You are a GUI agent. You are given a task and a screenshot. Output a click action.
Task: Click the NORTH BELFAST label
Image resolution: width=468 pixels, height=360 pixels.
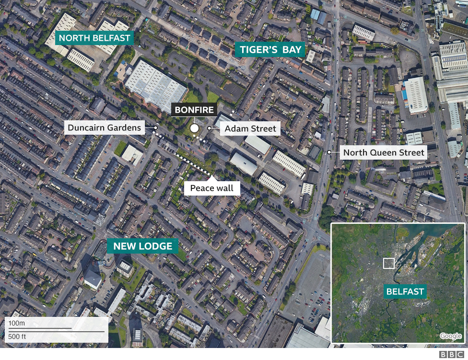pyautogui.click(x=94, y=38)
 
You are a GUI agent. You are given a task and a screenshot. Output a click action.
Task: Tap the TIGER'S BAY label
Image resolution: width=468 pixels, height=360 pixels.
pyautogui.click(x=270, y=49)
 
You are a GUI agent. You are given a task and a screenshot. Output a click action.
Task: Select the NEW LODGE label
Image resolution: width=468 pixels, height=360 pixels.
pyautogui.click(x=142, y=246)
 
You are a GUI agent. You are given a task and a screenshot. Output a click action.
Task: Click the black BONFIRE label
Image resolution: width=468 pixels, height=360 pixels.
pyautogui.click(x=194, y=109)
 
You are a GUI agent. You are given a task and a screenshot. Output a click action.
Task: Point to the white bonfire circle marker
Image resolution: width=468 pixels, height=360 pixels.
pyautogui.click(x=194, y=128)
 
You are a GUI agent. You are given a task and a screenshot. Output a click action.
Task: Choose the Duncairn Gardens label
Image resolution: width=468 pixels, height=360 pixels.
pyautogui.click(x=105, y=128)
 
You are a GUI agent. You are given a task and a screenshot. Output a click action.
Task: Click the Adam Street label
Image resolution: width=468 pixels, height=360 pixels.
pyautogui.click(x=250, y=128)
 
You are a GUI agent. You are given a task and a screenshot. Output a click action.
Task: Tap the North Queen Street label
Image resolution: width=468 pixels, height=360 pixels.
pyautogui.click(x=384, y=153)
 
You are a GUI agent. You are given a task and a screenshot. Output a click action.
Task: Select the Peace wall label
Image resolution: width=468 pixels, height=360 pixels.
pyautogui.click(x=212, y=188)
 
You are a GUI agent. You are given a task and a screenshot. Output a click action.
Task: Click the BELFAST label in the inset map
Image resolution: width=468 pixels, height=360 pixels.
pyautogui.click(x=405, y=291)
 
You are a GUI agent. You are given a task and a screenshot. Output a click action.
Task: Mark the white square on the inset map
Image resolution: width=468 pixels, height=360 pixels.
pyautogui.click(x=389, y=263)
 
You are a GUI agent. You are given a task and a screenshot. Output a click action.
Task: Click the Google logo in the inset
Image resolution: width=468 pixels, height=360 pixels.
pyautogui.click(x=450, y=336)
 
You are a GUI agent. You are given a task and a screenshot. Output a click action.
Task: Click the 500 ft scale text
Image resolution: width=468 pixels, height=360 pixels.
pyautogui.click(x=17, y=337)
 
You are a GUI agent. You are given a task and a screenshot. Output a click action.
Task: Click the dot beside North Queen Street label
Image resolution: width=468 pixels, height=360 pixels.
pyautogui.click(x=329, y=152)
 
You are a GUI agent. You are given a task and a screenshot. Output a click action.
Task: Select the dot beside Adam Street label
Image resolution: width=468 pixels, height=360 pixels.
pyautogui.click(x=209, y=128)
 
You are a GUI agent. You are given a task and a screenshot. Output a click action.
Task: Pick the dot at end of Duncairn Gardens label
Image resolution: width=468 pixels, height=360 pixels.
pyautogui.click(x=156, y=128)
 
